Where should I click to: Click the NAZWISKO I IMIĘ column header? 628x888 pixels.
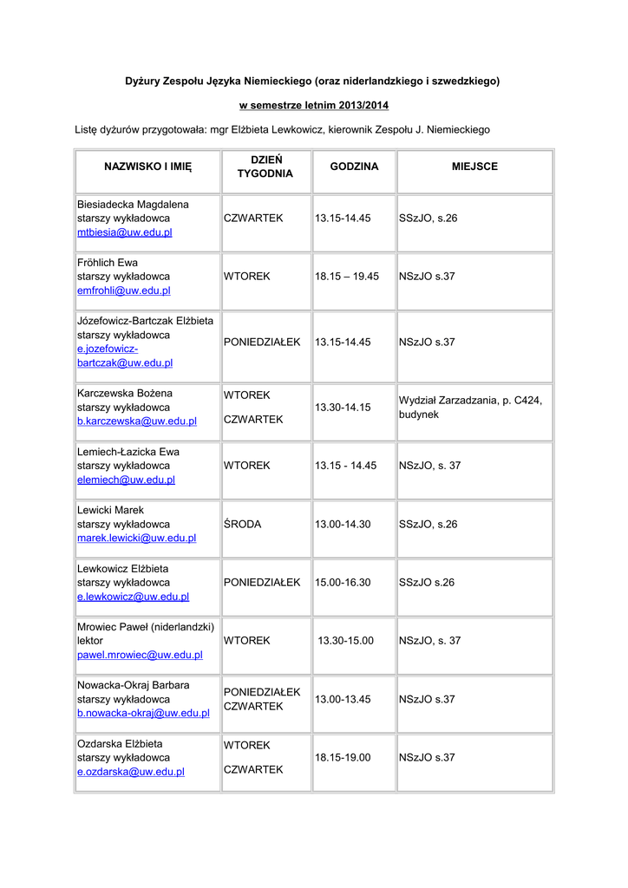pos(147,166)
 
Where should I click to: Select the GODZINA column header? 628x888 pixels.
pos(354,166)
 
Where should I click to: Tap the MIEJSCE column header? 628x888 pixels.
pos(474,166)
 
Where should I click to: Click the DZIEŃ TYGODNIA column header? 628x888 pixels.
pos(265,166)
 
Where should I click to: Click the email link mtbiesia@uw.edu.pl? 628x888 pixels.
pos(124,232)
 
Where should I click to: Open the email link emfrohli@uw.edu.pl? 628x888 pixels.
pos(123,291)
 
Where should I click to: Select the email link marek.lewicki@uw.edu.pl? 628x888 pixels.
pos(136,538)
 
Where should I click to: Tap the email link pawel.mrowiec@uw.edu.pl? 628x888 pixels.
pos(140,655)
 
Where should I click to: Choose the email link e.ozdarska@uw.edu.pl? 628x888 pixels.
pos(130,771)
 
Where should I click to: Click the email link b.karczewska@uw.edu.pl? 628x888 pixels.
pos(136,421)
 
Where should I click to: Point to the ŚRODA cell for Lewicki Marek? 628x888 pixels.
pos(242,524)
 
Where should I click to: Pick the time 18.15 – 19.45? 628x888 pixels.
pos(347,277)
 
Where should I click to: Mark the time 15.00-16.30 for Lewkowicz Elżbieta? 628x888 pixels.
pos(343,582)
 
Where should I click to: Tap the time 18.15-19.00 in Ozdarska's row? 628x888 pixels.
pos(343,757)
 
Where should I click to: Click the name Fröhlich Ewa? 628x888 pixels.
pos(108,262)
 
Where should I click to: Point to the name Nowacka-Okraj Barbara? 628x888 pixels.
pos(133,685)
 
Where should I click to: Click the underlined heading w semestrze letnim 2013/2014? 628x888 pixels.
pos(314,105)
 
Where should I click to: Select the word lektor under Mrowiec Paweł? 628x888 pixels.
pos(90,640)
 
